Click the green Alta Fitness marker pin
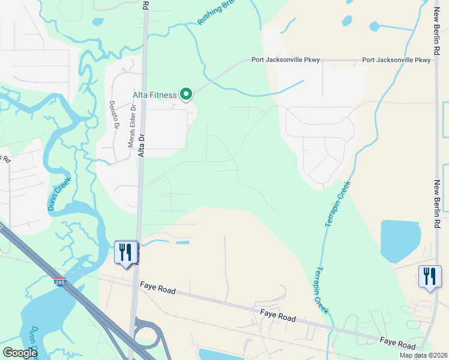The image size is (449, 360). click(186, 94)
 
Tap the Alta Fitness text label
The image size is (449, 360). click(155, 95)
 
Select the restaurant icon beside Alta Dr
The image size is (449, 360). click(125, 252)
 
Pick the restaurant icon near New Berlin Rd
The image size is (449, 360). click(429, 276)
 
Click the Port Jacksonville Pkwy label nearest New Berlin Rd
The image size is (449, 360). click(396, 61)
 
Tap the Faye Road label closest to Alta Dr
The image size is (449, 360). click(158, 289)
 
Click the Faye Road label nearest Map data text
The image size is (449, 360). click(397, 343)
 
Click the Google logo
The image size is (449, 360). click(20, 352)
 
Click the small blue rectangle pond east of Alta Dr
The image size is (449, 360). click(181, 243)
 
